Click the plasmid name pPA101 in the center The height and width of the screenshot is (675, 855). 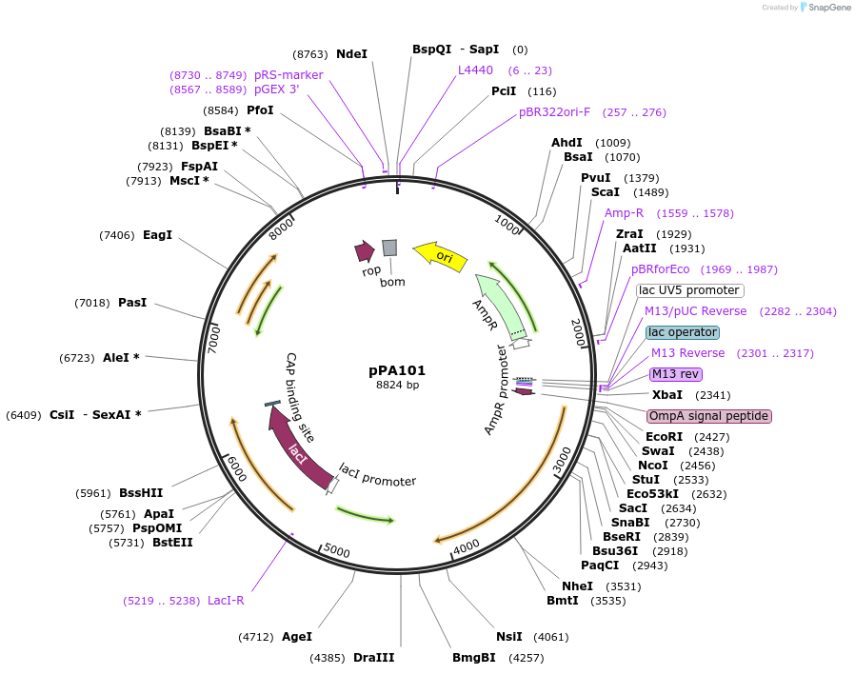[x=397, y=370]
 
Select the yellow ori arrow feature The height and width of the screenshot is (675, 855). [x=441, y=256]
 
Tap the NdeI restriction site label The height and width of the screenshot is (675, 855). [x=351, y=54]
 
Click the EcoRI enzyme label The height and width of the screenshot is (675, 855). [x=664, y=437]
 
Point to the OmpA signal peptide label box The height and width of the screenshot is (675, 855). [x=708, y=416]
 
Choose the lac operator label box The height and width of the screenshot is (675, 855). [x=683, y=332]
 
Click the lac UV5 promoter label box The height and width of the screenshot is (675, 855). [x=689, y=290]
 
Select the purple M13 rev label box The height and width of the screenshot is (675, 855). [x=674, y=374]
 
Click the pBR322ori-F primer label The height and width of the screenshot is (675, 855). [x=554, y=111]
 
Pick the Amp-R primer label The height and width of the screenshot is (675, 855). [x=624, y=212]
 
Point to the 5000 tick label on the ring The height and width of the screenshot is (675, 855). [x=337, y=549]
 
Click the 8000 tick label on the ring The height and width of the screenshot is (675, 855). [x=282, y=228]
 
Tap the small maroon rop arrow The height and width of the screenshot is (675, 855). [x=364, y=250]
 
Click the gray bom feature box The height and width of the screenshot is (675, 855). [x=389, y=248]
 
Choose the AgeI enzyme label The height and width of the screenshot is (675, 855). [x=296, y=636]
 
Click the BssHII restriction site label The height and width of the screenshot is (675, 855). [x=141, y=493]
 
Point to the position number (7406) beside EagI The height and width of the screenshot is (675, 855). [x=118, y=234]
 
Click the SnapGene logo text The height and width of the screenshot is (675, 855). [x=827, y=8]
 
